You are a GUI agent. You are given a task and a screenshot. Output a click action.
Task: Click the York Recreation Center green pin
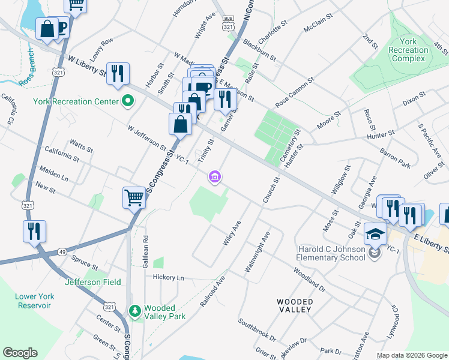tap(127, 101)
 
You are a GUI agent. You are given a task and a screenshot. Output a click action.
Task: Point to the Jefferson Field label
tap(93, 282)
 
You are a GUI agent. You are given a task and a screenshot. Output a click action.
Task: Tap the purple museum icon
tap(214, 176)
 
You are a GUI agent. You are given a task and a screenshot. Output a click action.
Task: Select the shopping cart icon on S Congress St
tap(134, 197)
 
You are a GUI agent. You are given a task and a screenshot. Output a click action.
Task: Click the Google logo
tap(20, 353)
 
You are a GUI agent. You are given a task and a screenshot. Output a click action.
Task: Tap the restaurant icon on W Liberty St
tap(118, 73)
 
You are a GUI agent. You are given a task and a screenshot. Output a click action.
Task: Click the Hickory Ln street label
tap(168, 277)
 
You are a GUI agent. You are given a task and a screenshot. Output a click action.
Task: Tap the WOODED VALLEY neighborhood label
tap(294, 305)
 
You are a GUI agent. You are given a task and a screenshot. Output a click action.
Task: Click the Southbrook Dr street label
tap(256, 330)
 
